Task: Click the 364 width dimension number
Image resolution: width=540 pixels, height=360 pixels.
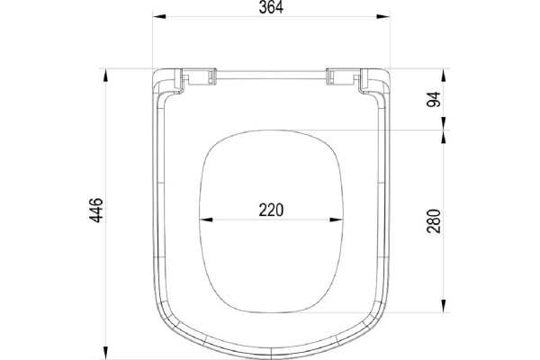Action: [x=271, y=7]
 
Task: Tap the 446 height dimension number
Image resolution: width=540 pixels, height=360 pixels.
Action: [x=96, y=210]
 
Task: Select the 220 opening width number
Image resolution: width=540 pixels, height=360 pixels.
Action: [x=272, y=210]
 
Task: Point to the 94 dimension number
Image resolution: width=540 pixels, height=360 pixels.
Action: [x=434, y=99]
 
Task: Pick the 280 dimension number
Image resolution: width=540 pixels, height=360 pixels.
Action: [x=434, y=221]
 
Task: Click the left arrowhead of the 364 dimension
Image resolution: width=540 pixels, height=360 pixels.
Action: [x=159, y=16]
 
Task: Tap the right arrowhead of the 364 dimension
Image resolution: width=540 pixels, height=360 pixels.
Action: [x=383, y=16]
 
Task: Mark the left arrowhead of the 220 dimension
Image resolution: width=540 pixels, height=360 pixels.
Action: [x=206, y=220]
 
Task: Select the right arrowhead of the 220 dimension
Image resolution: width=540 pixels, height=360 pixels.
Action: [x=336, y=220]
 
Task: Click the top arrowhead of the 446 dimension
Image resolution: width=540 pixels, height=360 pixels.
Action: [x=105, y=76]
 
